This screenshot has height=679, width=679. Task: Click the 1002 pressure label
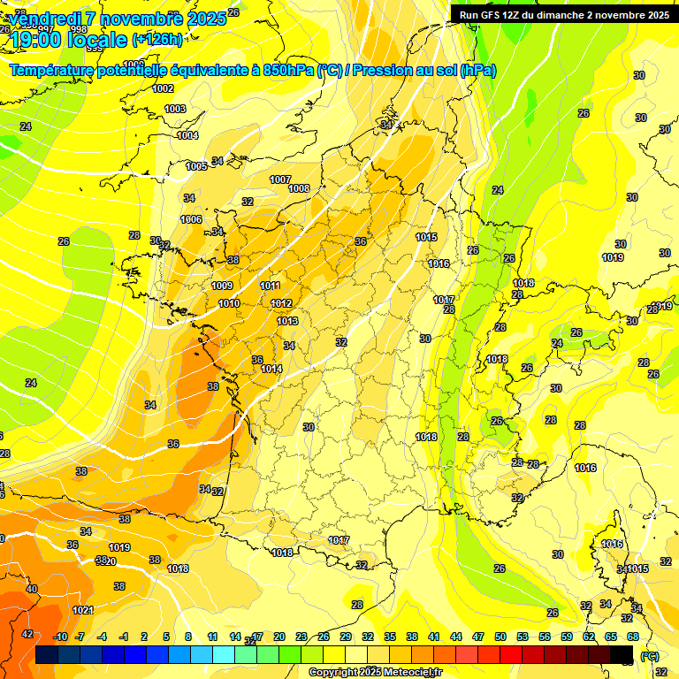163,88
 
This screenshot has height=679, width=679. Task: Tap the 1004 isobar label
187,135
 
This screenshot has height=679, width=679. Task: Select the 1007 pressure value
280,179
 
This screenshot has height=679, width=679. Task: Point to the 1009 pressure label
222,286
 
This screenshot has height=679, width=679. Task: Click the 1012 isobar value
281,303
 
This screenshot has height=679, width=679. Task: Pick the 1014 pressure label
271,369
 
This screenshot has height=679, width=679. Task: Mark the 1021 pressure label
83,610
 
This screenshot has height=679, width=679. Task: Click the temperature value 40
32,589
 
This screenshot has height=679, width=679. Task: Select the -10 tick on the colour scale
60,637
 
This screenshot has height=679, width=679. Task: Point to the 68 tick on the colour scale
633,637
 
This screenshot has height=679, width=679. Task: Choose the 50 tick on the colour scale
500,637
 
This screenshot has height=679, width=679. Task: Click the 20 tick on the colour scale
279,637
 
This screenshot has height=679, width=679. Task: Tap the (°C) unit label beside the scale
650,656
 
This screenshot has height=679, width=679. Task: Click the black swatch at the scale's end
622,654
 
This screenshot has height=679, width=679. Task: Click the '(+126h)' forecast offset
157,39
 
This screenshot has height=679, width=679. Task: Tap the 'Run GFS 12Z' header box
561,14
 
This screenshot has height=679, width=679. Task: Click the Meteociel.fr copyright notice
375,672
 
